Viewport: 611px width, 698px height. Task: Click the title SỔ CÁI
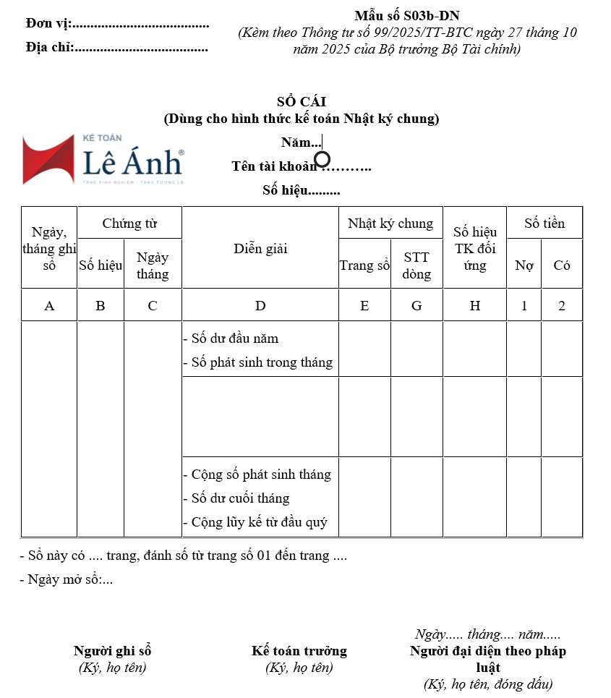[302, 102]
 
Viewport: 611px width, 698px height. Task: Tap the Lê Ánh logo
[103, 159]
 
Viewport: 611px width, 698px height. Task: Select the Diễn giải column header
[260, 249]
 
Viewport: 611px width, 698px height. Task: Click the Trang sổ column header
[364, 265]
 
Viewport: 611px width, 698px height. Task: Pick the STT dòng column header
[416, 265]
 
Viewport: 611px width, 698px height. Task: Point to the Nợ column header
[524, 265]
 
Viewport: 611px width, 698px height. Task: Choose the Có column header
[562, 265]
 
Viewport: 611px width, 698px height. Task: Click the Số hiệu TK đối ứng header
[475, 249]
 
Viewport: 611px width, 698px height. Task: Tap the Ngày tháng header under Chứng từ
[153, 265]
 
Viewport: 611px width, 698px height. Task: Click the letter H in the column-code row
[475, 306]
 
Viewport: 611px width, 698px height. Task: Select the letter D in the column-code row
[260, 306]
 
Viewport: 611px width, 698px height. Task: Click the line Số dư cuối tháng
[240, 498]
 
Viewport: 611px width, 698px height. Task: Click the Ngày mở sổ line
[67, 579]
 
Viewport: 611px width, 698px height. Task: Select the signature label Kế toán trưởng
[299, 651]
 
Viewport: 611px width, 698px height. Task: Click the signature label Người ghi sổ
[112, 651]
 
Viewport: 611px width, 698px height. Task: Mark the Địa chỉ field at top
[116, 48]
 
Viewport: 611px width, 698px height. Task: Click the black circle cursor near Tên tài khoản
[322, 158]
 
